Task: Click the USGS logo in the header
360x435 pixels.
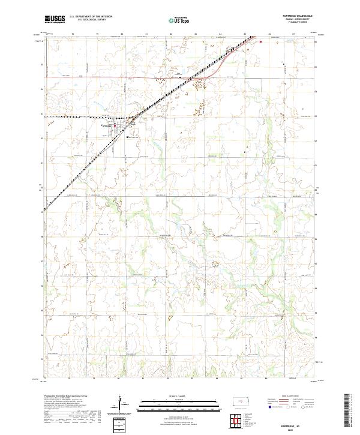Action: click(54, 20)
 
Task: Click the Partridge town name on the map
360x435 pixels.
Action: click(107, 125)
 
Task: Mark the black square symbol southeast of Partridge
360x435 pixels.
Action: click(128, 137)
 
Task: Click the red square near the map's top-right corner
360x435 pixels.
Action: click(260, 41)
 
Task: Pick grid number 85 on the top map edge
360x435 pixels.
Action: click(245, 34)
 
